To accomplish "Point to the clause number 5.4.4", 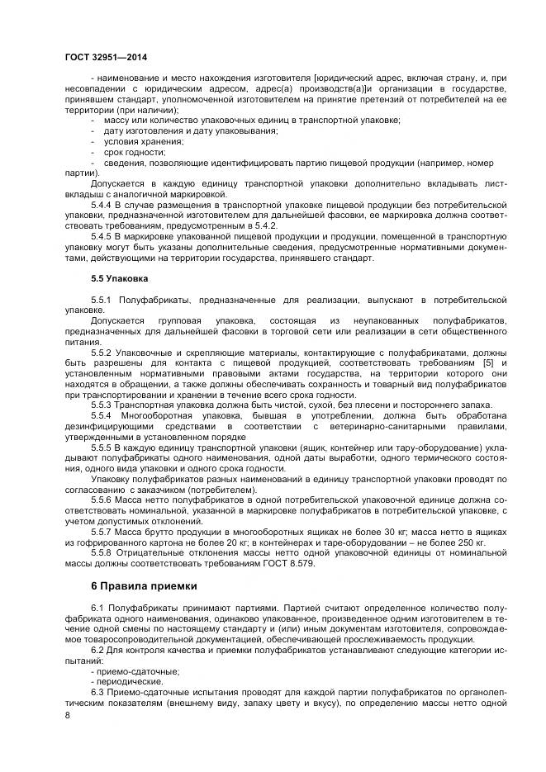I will click(102, 202).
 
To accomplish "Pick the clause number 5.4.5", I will click(102, 235).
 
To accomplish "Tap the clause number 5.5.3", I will click(102, 405).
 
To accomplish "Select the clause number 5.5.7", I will click(102, 533).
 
